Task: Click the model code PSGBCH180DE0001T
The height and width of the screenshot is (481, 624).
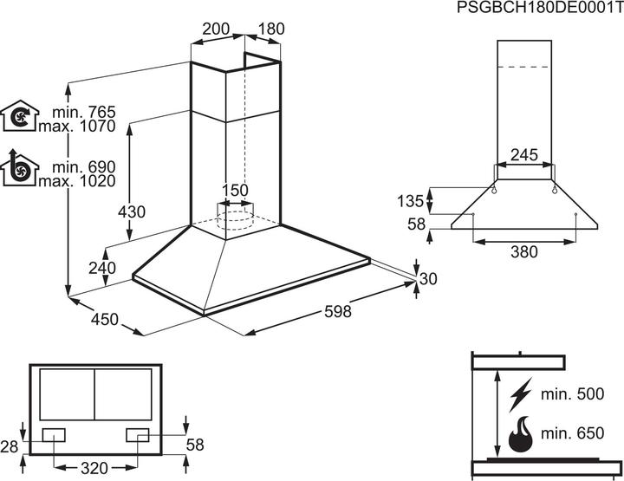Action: [x=538, y=9]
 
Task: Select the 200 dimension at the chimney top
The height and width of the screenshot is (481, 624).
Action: [x=215, y=29]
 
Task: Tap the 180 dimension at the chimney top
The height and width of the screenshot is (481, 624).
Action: [x=270, y=29]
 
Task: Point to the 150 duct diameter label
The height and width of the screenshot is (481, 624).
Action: [x=235, y=191]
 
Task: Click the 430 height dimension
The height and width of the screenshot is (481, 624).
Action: [x=133, y=211]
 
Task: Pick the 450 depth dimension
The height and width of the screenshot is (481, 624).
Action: [x=104, y=320]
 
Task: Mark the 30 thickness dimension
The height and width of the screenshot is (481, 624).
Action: [x=428, y=278]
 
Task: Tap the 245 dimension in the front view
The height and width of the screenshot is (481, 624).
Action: [x=523, y=155]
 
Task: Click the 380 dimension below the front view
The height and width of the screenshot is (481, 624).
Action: [x=523, y=252]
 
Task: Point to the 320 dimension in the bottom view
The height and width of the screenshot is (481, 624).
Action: [x=94, y=468]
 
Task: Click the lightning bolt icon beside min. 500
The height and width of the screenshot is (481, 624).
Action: [x=520, y=395]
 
